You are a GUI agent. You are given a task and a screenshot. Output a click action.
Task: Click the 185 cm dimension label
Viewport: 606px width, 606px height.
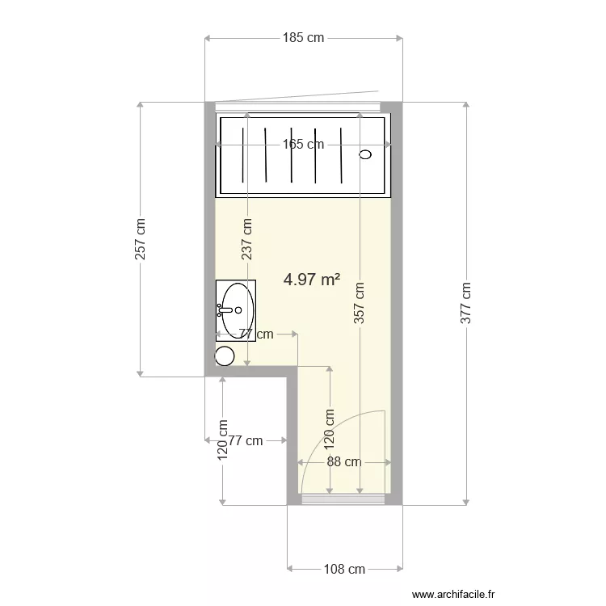(x=304, y=37)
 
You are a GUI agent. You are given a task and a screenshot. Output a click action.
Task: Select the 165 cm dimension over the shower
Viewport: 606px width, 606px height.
(x=304, y=145)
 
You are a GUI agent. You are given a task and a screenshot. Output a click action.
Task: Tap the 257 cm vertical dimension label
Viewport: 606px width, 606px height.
(x=141, y=239)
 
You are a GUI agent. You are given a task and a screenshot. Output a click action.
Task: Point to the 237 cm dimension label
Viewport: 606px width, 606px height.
(x=247, y=239)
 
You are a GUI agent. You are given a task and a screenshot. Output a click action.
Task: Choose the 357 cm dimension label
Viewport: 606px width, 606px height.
(x=360, y=302)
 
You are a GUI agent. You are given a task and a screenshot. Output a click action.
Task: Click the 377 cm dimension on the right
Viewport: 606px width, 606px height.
(x=465, y=303)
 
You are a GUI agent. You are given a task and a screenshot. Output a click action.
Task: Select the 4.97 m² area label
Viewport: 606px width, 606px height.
(x=312, y=280)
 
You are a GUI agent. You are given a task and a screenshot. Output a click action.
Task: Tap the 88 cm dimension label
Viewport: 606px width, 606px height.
(x=344, y=462)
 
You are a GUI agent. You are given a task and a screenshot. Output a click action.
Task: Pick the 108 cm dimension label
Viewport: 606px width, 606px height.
(x=345, y=569)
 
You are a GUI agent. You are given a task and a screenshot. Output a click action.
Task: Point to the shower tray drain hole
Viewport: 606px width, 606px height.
(x=365, y=154)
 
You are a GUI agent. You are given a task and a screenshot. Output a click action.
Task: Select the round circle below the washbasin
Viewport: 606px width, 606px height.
(x=225, y=355)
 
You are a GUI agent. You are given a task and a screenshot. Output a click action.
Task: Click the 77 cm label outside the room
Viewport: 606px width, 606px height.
(x=246, y=440)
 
